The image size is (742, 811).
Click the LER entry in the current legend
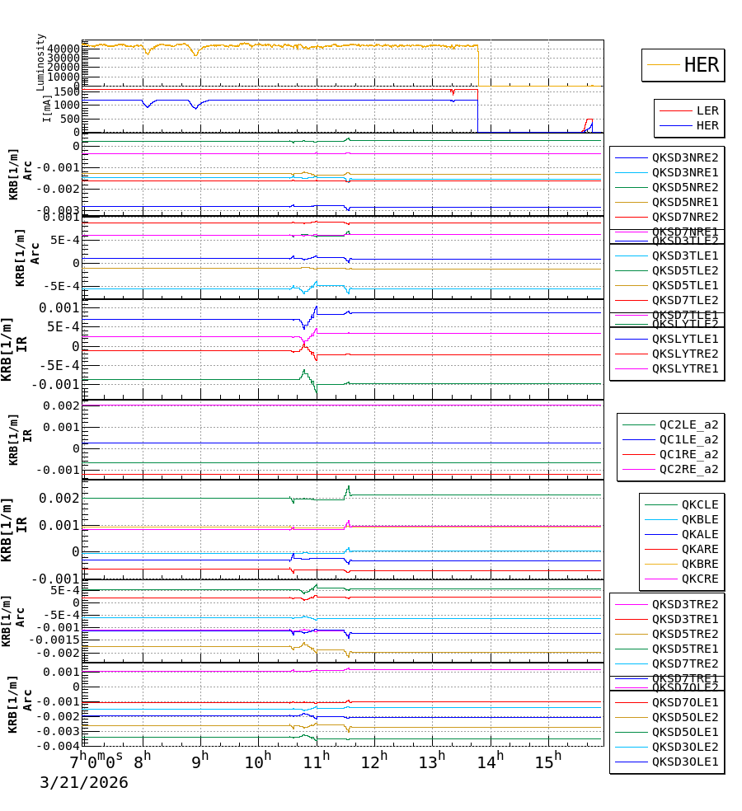tap(707, 110)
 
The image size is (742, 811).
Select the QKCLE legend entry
tap(699, 504)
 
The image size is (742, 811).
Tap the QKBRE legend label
tap(699, 564)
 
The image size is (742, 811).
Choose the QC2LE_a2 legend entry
tap(688, 424)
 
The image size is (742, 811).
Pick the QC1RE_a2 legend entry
tap(688, 454)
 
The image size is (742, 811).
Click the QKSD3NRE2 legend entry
tap(685, 157)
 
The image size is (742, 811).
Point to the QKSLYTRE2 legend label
tap(685, 354)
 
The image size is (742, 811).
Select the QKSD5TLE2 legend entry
tap(685, 270)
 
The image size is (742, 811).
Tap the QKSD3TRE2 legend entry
tap(685, 604)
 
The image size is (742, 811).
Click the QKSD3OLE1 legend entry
tap(685, 762)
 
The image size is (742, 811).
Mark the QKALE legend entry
tap(699, 534)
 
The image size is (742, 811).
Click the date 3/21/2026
tap(84, 782)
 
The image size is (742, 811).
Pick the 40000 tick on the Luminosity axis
tap(63, 49)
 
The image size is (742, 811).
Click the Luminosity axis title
tap(41, 61)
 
